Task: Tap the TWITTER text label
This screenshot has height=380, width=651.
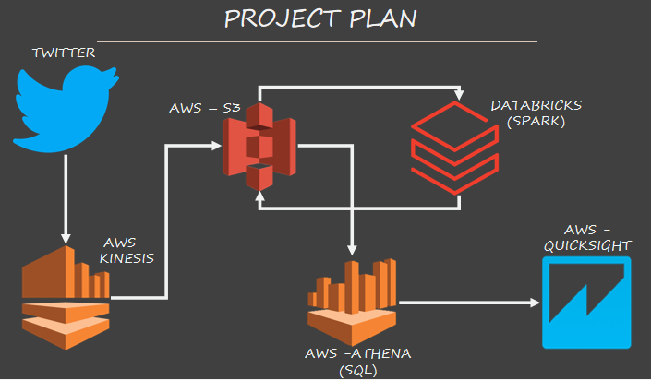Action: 65,53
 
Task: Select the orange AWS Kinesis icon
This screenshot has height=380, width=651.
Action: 65,298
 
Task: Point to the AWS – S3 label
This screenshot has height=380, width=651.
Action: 205,109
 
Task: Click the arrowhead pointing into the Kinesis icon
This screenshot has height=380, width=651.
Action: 65,232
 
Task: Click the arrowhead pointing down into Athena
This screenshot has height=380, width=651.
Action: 350,249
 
